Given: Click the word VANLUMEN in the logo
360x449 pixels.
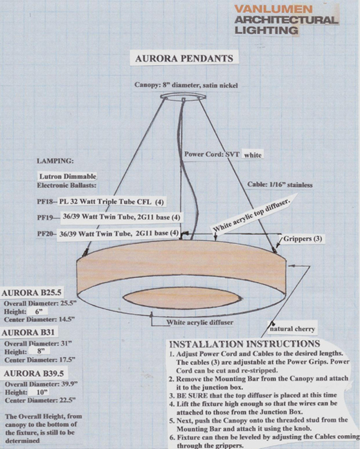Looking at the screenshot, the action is click(x=273, y=9).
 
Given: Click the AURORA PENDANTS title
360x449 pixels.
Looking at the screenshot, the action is click(x=184, y=58).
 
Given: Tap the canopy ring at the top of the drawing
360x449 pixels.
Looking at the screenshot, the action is click(x=183, y=96).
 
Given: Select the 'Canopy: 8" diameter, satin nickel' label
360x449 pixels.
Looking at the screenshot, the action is click(x=186, y=85).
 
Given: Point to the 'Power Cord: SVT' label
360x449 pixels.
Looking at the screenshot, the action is click(x=212, y=154).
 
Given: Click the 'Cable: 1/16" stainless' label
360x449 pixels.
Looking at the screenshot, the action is click(x=280, y=185).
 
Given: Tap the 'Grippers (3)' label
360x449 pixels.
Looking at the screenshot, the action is click(x=303, y=238).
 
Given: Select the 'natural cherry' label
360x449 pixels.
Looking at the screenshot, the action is click(x=292, y=329).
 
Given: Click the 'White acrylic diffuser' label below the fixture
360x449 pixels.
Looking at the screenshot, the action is click(x=200, y=322).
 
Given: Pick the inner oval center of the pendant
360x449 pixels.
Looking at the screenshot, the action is click(x=182, y=297).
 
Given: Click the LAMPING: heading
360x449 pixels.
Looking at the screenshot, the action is click(x=55, y=161).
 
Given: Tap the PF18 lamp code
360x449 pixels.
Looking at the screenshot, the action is click(x=45, y=202).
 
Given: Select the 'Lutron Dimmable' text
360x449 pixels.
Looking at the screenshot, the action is click(x=68, y=177).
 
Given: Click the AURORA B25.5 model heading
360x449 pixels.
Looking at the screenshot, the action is click(x=31, y=292).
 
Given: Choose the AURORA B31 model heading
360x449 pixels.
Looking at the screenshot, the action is click(x=28, y=333).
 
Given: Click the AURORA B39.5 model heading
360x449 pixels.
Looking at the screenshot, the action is click(x=34, y=373).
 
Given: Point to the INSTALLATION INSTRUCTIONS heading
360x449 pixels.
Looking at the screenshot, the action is click(x=244, y=344).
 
